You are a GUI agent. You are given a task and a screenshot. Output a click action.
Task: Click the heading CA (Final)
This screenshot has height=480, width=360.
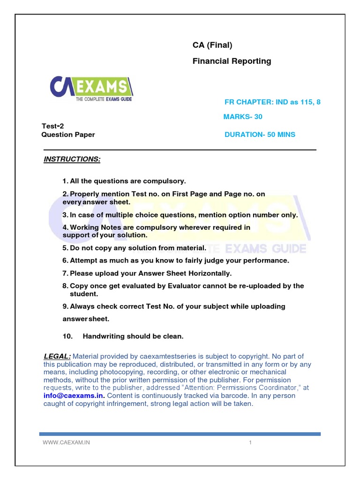point(212,45)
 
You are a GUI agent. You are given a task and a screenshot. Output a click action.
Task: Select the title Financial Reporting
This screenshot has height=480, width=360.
point(232,61)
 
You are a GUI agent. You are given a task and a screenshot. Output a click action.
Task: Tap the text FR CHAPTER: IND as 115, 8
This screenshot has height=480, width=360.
point(273,102)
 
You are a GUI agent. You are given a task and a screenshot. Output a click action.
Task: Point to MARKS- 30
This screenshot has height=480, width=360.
point(243,117)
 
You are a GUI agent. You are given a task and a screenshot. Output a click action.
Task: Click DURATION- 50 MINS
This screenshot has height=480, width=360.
point(260,135)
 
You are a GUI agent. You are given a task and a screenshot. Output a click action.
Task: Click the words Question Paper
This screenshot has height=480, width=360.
point(68,135)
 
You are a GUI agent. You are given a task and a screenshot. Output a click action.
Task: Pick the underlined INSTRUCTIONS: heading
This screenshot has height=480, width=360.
point(72,159)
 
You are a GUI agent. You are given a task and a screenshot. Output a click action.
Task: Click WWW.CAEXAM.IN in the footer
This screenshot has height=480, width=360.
point(66,443)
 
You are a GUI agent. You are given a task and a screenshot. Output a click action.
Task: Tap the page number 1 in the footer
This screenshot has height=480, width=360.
point(251,443)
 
